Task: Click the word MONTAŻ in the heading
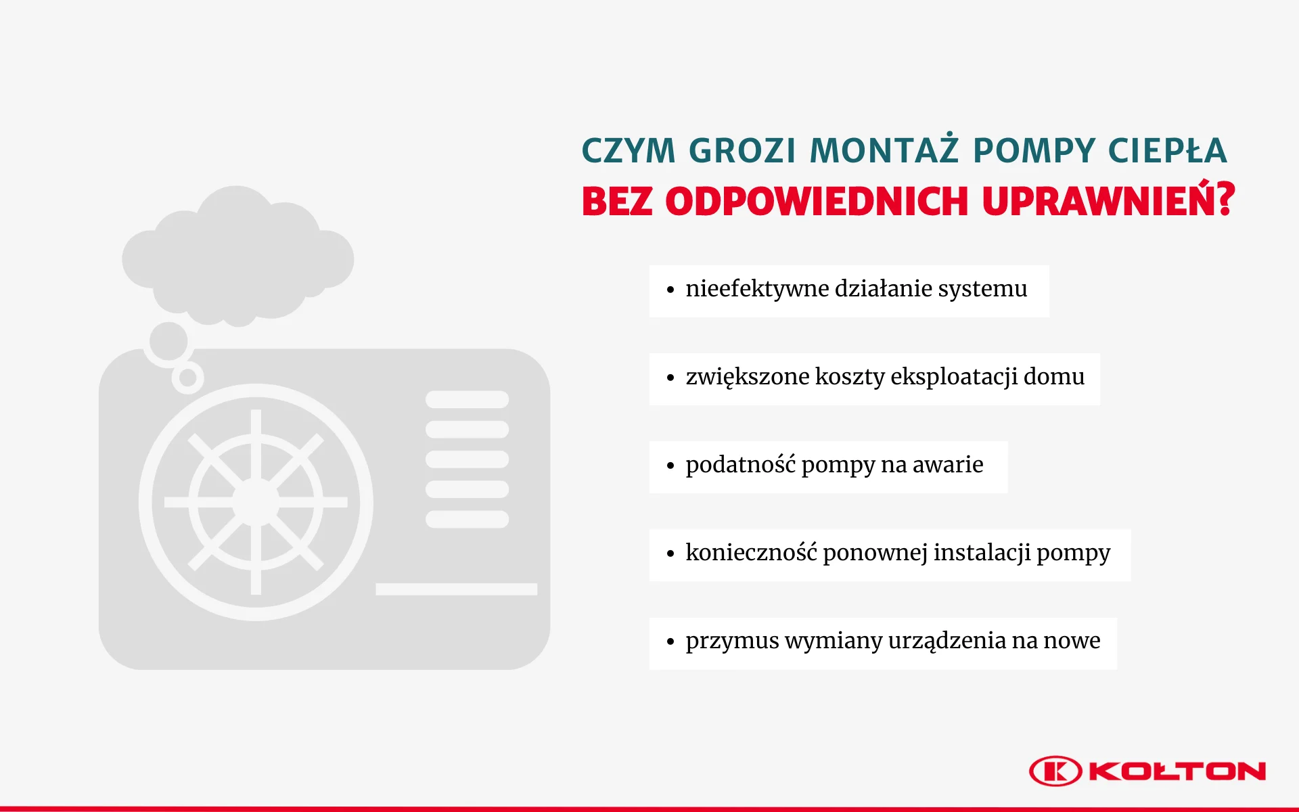coord(884,150)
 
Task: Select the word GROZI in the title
coord(742,150)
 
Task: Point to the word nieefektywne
coord(756,289)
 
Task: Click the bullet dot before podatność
coord(670,466)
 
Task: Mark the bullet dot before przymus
coord(670,641)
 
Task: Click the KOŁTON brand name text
coord(1177,771)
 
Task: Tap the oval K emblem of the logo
coord(1055,771)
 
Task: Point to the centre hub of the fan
coord(256,502)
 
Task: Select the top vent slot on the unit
coord(467,399)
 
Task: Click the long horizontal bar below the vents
coord(456,589)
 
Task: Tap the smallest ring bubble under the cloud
coord(187,378)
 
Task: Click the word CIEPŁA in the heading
coord(1168,150)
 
